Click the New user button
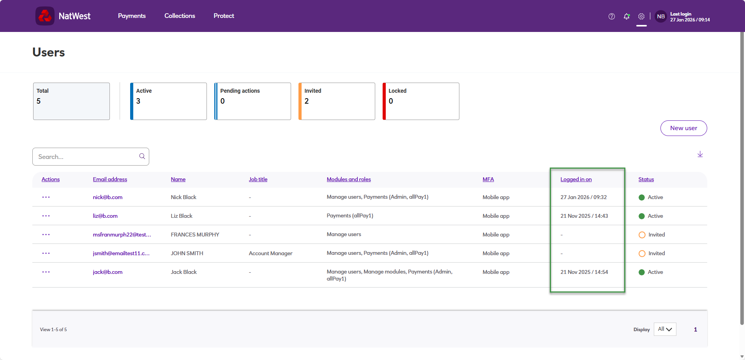(683, 128)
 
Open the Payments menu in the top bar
(132, 16)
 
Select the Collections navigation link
(180, 16)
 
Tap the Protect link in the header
(224, 16)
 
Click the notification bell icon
(627, 16)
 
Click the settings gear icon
(641, 16)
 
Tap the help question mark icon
(612, 16)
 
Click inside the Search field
(88, 157)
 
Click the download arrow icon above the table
(700, 154)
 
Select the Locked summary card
(421, 101)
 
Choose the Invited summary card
(337, 101)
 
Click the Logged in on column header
(576, 179)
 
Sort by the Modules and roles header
(349, 179)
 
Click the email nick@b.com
(108, 197)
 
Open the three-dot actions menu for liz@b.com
(46, 216)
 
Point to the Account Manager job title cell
(270, 253)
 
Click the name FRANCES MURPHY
(195, 235)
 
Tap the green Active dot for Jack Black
(642, 272)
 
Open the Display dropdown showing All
(665, 329)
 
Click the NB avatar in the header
(661, 16)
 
